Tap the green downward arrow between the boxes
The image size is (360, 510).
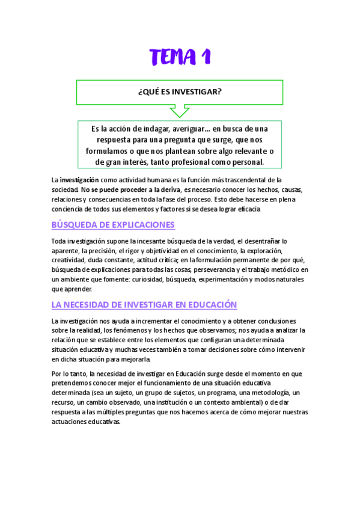pyautogui.click(x=179, y=111)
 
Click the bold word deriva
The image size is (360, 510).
pyautogui.click(x=169, y=189)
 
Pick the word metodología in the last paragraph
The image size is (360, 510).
pyautogui.click(x=257, y=393)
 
